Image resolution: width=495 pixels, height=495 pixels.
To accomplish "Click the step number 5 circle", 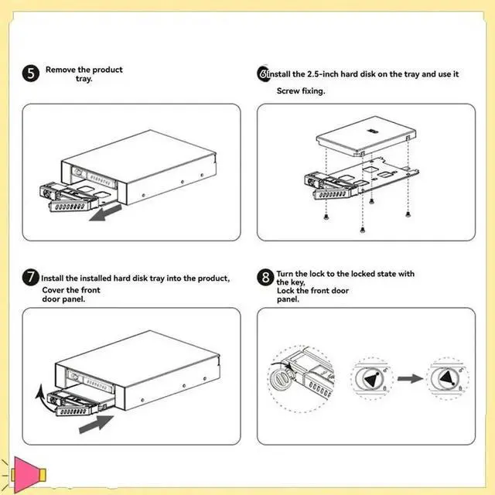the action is click(32, 76).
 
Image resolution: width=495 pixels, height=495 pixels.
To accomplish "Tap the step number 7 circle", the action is click(32, 277).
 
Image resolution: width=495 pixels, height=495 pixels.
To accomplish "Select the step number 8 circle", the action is click(265, 277).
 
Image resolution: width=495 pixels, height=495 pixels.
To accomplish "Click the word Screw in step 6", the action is click(290, 91).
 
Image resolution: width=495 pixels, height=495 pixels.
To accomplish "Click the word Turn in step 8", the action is click(287, 274).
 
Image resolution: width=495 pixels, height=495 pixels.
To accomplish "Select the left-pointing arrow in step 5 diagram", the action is click(104, 213).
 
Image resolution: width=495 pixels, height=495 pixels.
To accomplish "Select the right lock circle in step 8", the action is click(448, 378).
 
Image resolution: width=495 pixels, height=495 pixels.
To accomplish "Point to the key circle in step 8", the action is click(282, 379).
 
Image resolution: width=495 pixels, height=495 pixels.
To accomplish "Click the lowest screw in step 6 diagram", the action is click(363, 229).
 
